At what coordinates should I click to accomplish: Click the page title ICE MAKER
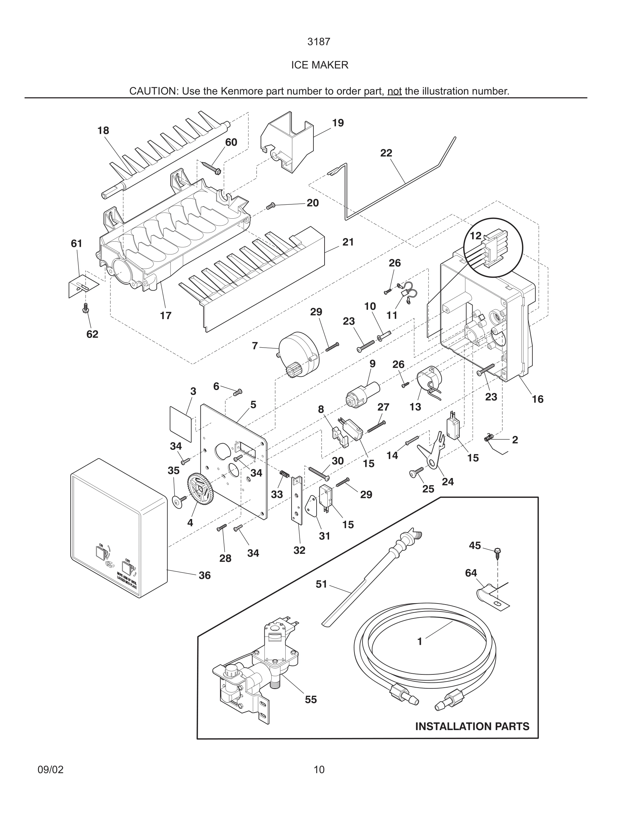(319, 65)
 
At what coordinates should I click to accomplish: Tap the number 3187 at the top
(319, 42)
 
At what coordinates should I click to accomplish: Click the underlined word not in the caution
(394, 91)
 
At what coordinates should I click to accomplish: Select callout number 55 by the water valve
(311, 699)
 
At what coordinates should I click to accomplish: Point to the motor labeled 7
(298, 352)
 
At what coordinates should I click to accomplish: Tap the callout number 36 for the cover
(204, 575)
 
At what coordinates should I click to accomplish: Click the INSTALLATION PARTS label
(472, 726)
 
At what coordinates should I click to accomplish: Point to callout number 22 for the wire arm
(386, 153)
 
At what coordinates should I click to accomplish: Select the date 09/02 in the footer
(51, 770)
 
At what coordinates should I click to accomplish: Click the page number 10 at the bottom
(319, 770)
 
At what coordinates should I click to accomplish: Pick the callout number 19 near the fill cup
(338, 123)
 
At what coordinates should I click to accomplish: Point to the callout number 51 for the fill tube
(321, 584)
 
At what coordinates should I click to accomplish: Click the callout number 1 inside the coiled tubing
(419, 641)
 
